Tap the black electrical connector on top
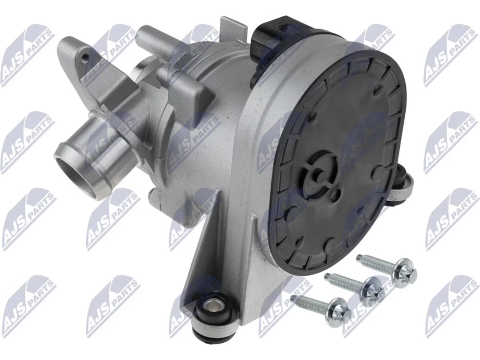[273, 44]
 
